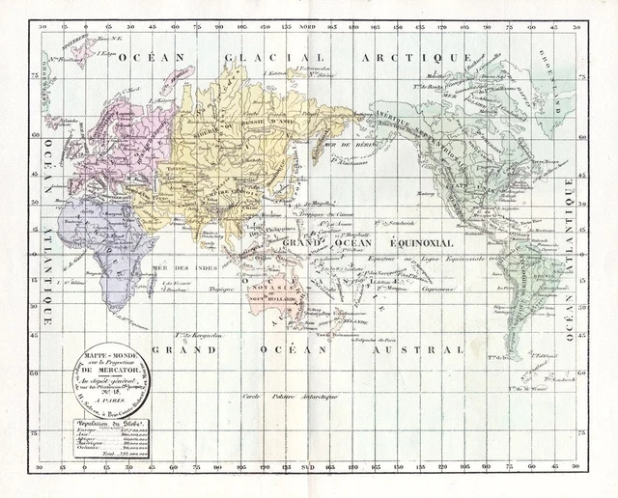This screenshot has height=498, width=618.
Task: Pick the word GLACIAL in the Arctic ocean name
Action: click(265, 58)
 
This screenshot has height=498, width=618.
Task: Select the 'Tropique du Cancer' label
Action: click(335, 213)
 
